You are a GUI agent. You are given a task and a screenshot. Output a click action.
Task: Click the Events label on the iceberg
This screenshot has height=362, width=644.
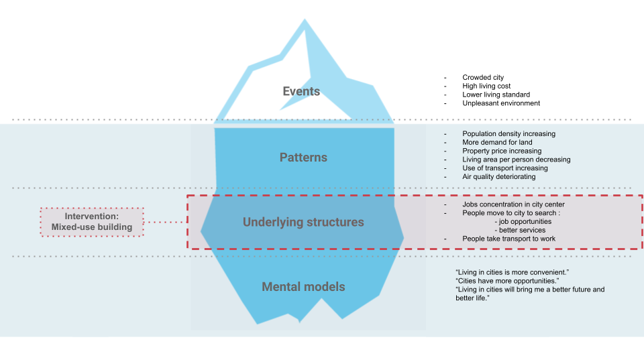tap(301, 91)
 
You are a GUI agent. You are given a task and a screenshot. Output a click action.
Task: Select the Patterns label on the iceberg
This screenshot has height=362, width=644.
tap(303, 158)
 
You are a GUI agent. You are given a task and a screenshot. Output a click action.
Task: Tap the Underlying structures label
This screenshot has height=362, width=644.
tap(303, 222)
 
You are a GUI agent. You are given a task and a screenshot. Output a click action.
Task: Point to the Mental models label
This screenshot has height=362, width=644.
tap(303, 287)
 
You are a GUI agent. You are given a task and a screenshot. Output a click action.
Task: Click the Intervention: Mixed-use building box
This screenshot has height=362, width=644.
tap(92, 222)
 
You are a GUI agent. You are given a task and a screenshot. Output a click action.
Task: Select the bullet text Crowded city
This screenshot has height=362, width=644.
tap(482, 78)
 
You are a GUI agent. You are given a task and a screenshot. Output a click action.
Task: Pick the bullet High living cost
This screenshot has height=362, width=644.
tap(486, 86)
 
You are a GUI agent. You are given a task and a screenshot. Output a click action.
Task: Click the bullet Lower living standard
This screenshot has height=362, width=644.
tap(496, 95)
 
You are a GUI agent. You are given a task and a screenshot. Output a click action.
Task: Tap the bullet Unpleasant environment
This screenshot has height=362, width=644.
tap(501, 103)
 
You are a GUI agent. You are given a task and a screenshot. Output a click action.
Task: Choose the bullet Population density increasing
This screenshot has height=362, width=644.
tap(508, 134)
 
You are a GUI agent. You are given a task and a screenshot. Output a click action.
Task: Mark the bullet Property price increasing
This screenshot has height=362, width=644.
tap(500, 152)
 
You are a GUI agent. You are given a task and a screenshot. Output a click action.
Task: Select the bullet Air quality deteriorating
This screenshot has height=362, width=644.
tap(498, 177)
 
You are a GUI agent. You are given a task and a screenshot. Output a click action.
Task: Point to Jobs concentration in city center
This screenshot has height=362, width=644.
tap(513, 204)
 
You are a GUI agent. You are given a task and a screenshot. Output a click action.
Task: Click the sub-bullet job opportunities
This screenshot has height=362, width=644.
tap(523, 222)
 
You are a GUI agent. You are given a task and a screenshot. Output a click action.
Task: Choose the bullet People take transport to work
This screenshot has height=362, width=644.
tap(508, 239)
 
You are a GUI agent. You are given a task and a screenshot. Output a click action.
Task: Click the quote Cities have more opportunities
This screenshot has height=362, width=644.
tap(507, 280)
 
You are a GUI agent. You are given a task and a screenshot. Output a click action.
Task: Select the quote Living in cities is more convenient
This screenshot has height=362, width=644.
tap(512, 271)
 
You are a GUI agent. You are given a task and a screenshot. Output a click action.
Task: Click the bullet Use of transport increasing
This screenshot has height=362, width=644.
tap(504, 168)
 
